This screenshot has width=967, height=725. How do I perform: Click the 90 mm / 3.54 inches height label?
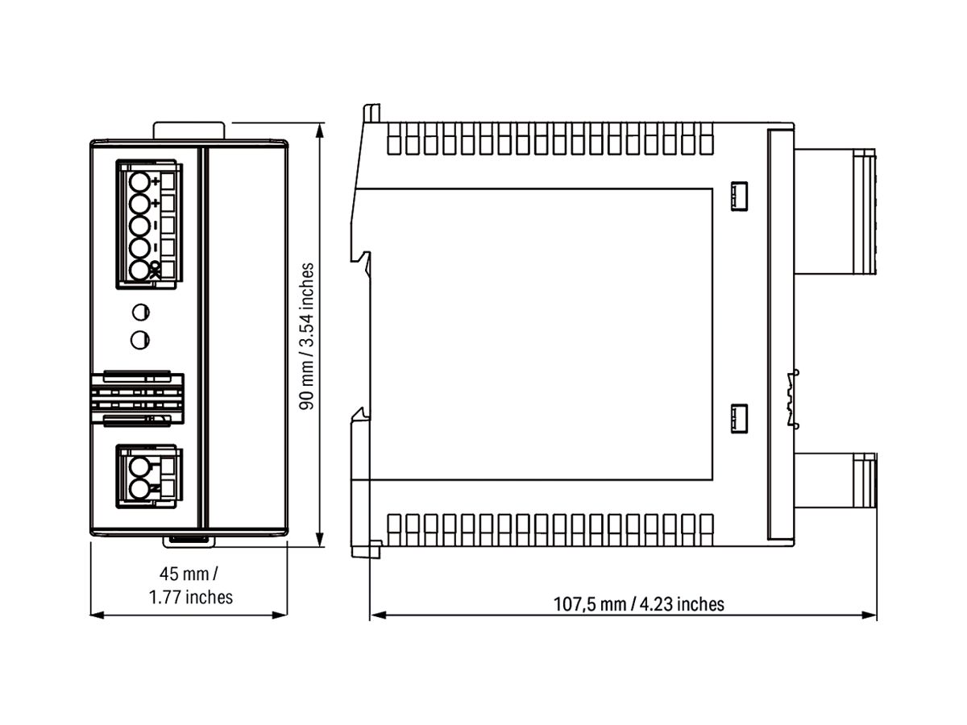pyautogui.click(x=307, y=335)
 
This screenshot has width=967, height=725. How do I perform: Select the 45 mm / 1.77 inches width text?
pyautogui.click(x=190, y=586)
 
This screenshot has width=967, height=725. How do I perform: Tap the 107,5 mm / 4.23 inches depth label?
pyautogui.click(x=638, y=603)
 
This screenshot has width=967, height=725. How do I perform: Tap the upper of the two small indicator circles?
pyautogui.click(x=140, y=313)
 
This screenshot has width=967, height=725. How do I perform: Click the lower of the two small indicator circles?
pyautogui.click(x=140, y=340)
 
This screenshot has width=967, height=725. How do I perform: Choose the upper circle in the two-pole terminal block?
pyautogui.click(x=140, y=466)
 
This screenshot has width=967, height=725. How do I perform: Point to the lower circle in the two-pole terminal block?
pyautogui.click(x=140, y=487)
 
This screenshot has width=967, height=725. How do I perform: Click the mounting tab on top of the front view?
pyautogui.click(x=189, y=130)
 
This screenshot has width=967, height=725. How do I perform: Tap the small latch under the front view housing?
pyautogui.click(x=189, y=537)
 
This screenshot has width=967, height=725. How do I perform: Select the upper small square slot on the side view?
pyautogui.click(x=739, y=196)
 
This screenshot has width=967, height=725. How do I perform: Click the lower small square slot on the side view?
pyautogui.click(x=739, y=419)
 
